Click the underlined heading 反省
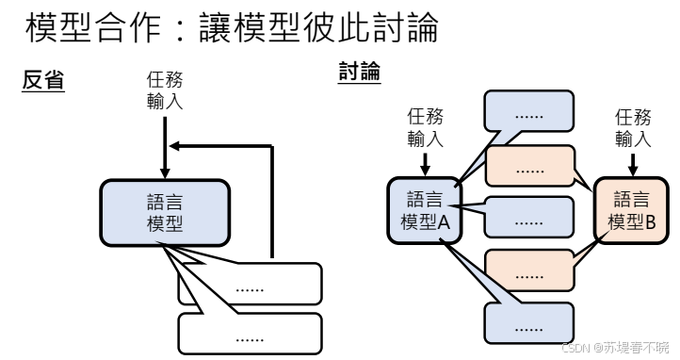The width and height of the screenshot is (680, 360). (43, 82)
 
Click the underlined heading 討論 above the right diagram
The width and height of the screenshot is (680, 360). (359, 72)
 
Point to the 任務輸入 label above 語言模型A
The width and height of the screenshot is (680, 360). (424, 128)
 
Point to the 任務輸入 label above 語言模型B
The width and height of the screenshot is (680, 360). (632, 128)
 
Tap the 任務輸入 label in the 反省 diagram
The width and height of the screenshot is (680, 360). (165, 92)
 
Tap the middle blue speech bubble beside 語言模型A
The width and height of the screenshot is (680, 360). (530, 218)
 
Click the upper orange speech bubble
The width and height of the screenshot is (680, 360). (530, 166)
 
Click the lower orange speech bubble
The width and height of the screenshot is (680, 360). (530, 271)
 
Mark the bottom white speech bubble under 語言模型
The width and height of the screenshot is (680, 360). (250, 334)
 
